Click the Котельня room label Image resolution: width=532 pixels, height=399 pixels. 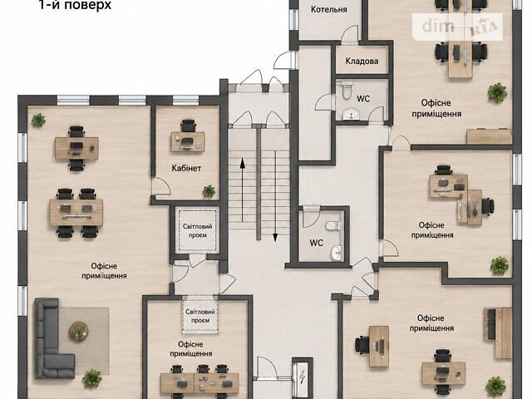329,9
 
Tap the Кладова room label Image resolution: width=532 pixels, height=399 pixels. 362,62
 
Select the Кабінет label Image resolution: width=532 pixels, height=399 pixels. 186,168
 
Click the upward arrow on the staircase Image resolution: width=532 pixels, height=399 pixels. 242,190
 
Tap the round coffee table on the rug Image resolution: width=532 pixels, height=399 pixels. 79,331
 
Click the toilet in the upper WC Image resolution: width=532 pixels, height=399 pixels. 347,90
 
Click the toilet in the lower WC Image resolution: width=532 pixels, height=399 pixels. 332,225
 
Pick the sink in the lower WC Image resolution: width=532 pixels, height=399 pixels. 336,253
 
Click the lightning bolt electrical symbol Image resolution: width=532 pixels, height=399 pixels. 302,377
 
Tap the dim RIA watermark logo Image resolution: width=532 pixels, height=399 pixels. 457,27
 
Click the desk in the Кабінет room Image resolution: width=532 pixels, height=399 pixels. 188,142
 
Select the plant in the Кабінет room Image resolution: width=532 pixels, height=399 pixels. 209,191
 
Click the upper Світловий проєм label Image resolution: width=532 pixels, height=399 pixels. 198,231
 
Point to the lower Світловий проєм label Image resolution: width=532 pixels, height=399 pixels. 200,316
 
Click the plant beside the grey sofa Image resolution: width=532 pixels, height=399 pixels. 92,378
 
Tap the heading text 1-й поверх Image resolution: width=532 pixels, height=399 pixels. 75,5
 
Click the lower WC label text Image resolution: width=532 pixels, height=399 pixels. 316,243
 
